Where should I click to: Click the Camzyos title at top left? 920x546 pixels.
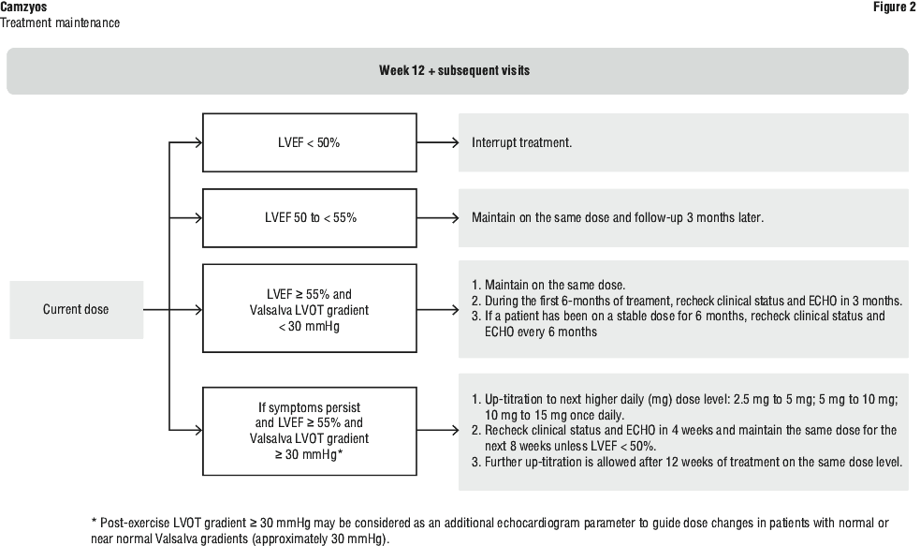pos(23,7)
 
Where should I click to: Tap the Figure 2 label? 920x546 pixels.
pos(894,7)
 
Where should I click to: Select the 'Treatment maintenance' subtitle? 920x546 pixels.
pos(60,22)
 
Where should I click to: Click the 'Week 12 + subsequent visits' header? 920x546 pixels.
pos(454,70)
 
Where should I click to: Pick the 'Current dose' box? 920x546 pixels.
pos(76,309)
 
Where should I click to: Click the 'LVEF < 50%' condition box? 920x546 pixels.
pos(310,142)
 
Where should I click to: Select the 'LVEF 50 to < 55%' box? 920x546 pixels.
pos(310,218)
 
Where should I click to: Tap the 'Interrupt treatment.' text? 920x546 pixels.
pos(521,142)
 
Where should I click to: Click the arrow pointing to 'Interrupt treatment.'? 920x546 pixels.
pos(438,142)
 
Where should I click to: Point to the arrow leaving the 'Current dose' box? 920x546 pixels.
pos(173,309)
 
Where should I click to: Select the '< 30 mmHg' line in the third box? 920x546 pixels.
pos(309,327)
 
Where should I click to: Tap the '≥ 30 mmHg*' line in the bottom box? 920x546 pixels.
pos(309,454)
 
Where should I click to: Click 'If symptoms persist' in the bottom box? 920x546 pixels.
pos(309,407)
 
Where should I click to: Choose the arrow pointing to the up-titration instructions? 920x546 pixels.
pos(438,431)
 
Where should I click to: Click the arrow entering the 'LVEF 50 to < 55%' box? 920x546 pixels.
pos(186,218)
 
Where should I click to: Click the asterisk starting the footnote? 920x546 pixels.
pos(94,522)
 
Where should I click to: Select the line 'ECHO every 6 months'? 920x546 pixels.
pos(541,332)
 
